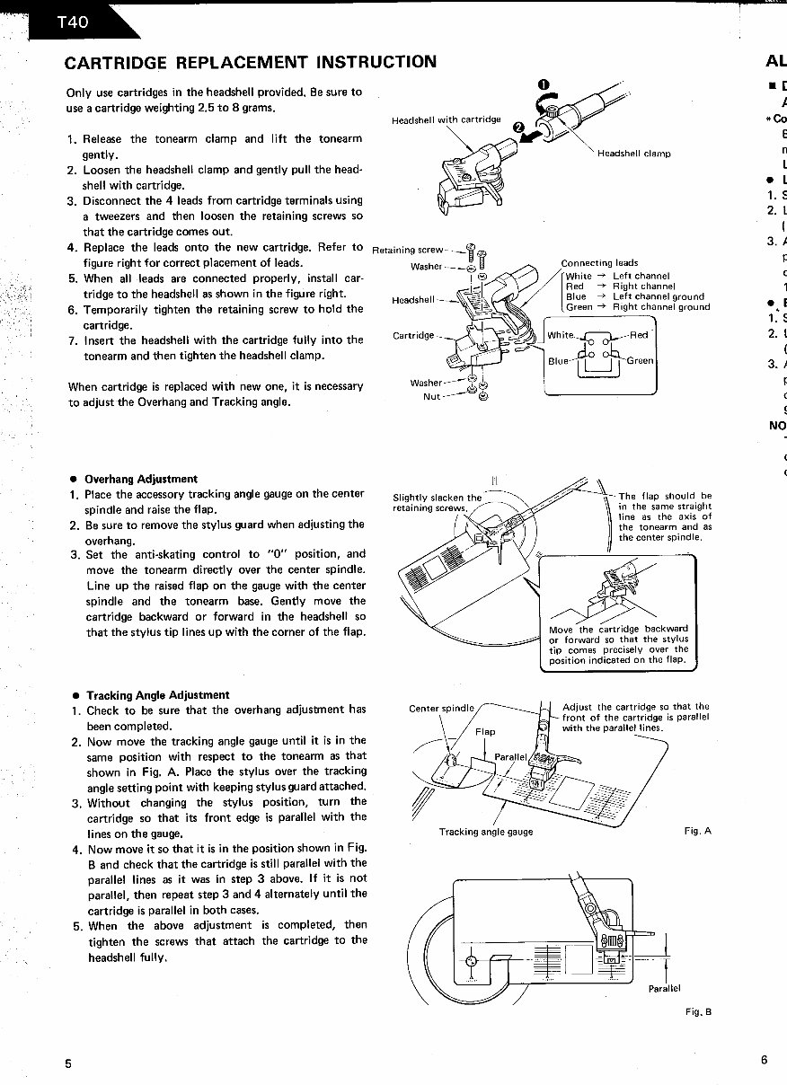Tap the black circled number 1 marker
[x=544, y=85]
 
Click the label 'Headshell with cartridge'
[x=447, y=119]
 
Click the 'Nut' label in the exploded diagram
[x=432, y=397]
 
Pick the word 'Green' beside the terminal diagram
[x=641, y=361]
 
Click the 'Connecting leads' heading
[x=599, y=263]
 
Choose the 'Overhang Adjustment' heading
[x=141, y=479]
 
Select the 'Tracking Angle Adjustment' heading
[x=157, y=694]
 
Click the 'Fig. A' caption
[x=697, y=831]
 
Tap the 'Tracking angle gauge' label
[x=486, y=832]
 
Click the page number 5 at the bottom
[x=68, y=1063]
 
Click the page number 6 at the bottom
[x=764, y=1060]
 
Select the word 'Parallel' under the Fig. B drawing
[x=664, y=988]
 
